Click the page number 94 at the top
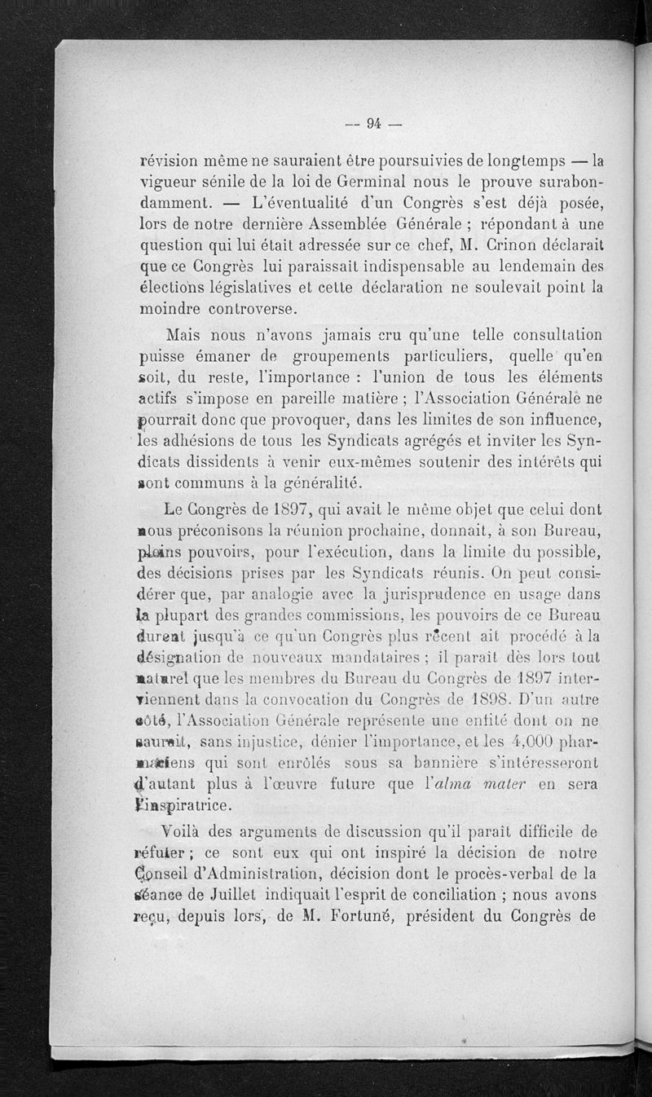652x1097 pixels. pyautogui.click(x=374, y=124)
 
